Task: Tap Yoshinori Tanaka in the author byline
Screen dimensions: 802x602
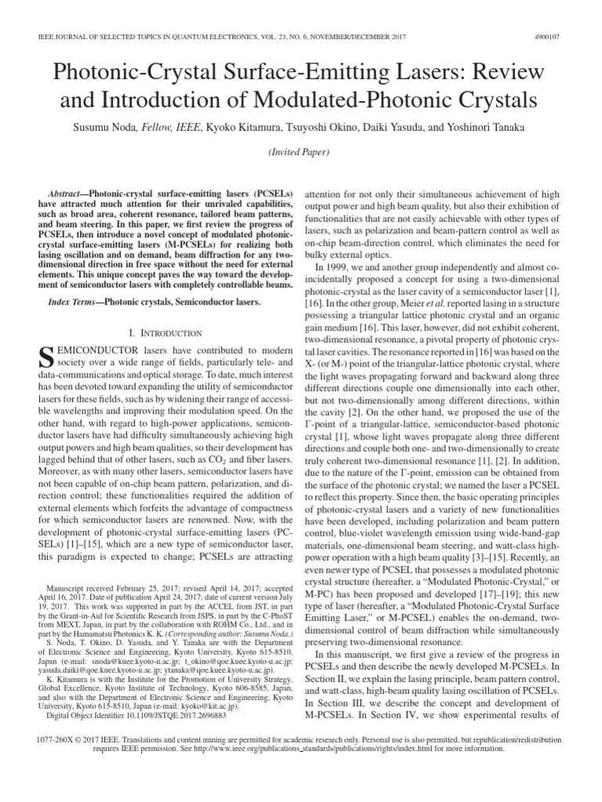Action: coord(483,127)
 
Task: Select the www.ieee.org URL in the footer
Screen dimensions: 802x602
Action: coord(300,746)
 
